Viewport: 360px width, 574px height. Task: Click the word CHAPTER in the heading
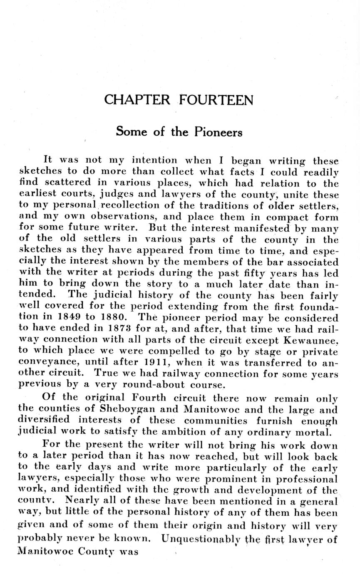tap(137, 100)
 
